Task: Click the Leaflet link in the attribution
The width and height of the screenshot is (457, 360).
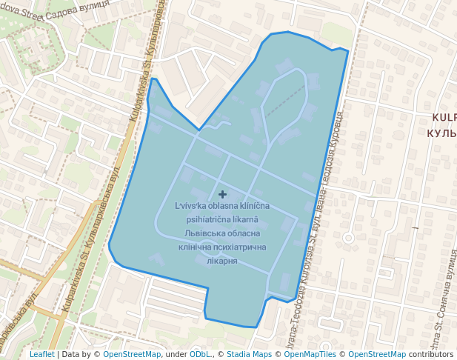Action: click(41, 354)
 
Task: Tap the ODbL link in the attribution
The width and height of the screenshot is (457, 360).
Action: click(199, 354)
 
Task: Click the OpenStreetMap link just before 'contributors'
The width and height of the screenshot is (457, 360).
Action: click(376, 354)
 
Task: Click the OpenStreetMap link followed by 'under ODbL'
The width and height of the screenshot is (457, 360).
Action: click(132, 354)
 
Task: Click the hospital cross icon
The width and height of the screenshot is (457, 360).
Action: click(222, 194)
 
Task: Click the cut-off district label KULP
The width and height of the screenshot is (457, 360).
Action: click(444, 118)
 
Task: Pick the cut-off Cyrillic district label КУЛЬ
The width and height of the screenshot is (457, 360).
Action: click(442, 133)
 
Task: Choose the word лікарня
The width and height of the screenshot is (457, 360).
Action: click(222, 261)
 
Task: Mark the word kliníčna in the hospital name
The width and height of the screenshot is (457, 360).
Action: click(253, 205)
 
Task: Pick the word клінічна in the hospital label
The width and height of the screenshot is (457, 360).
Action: click(196, 247)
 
